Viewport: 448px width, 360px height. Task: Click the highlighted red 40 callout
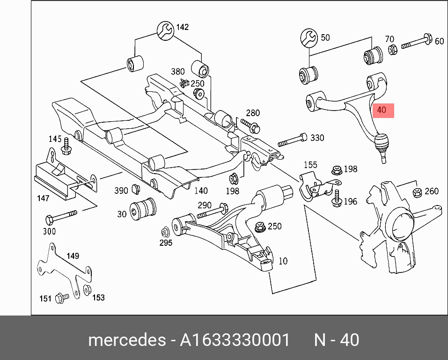point(383,110)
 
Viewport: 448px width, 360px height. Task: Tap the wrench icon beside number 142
point(165,30)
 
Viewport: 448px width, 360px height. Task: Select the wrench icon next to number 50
point(309,37)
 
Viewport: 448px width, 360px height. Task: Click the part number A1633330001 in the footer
point(235,340)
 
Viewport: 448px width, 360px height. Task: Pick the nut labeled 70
point(393,50)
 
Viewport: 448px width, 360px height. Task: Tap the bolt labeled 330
point(292,140)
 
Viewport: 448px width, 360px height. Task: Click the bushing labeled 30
point(143,209)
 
